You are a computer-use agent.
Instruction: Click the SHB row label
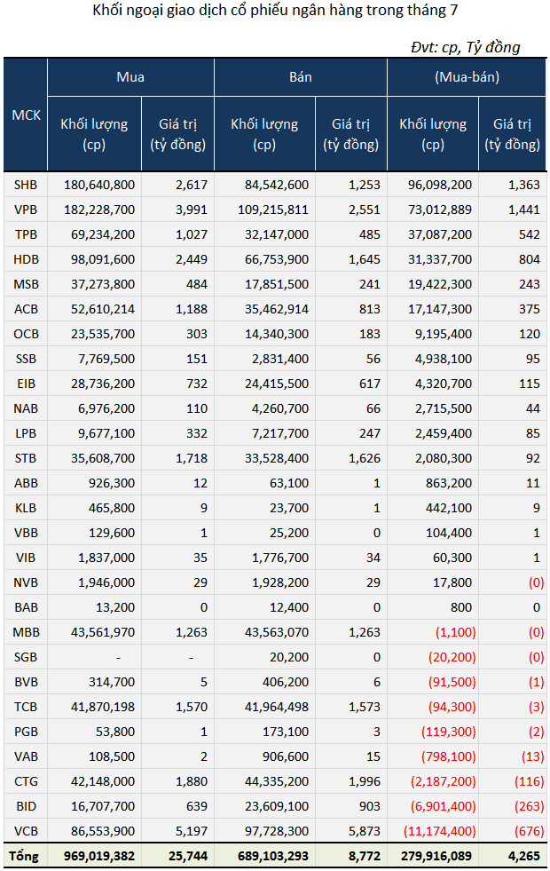[x=26, y=185]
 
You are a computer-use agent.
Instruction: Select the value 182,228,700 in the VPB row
[x=99, y=210]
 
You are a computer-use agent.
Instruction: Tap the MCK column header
[x=26, y=115]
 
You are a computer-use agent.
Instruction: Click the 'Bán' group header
[x=300, y=77]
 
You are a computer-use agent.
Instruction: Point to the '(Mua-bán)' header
[x=467, y=77]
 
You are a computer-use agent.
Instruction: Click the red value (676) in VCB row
[x=529, y=831]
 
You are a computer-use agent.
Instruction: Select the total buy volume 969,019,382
[x=99, y=857]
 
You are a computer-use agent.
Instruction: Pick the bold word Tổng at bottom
[x=24, y=856]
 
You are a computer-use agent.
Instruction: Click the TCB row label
[x=26, y=707]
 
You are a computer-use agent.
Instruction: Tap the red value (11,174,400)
[x=439, y=831]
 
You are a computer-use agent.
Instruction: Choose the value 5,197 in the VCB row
[x=192, y=832]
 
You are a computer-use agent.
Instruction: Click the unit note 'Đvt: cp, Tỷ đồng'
[x=466, y=47]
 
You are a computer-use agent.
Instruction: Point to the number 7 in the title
[x=454, y=11]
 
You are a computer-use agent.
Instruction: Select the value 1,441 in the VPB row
[x=524, y=210]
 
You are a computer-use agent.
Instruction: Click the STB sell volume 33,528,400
[x=277, y=458]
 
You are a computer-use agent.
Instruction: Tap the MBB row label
[x=26, y=633]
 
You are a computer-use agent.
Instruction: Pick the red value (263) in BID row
[x=529, y=806]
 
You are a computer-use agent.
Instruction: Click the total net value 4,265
[x=524, y=857]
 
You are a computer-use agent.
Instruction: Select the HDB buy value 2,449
[x=192, y=259]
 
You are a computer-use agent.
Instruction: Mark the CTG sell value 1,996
[x=365, y=781]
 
